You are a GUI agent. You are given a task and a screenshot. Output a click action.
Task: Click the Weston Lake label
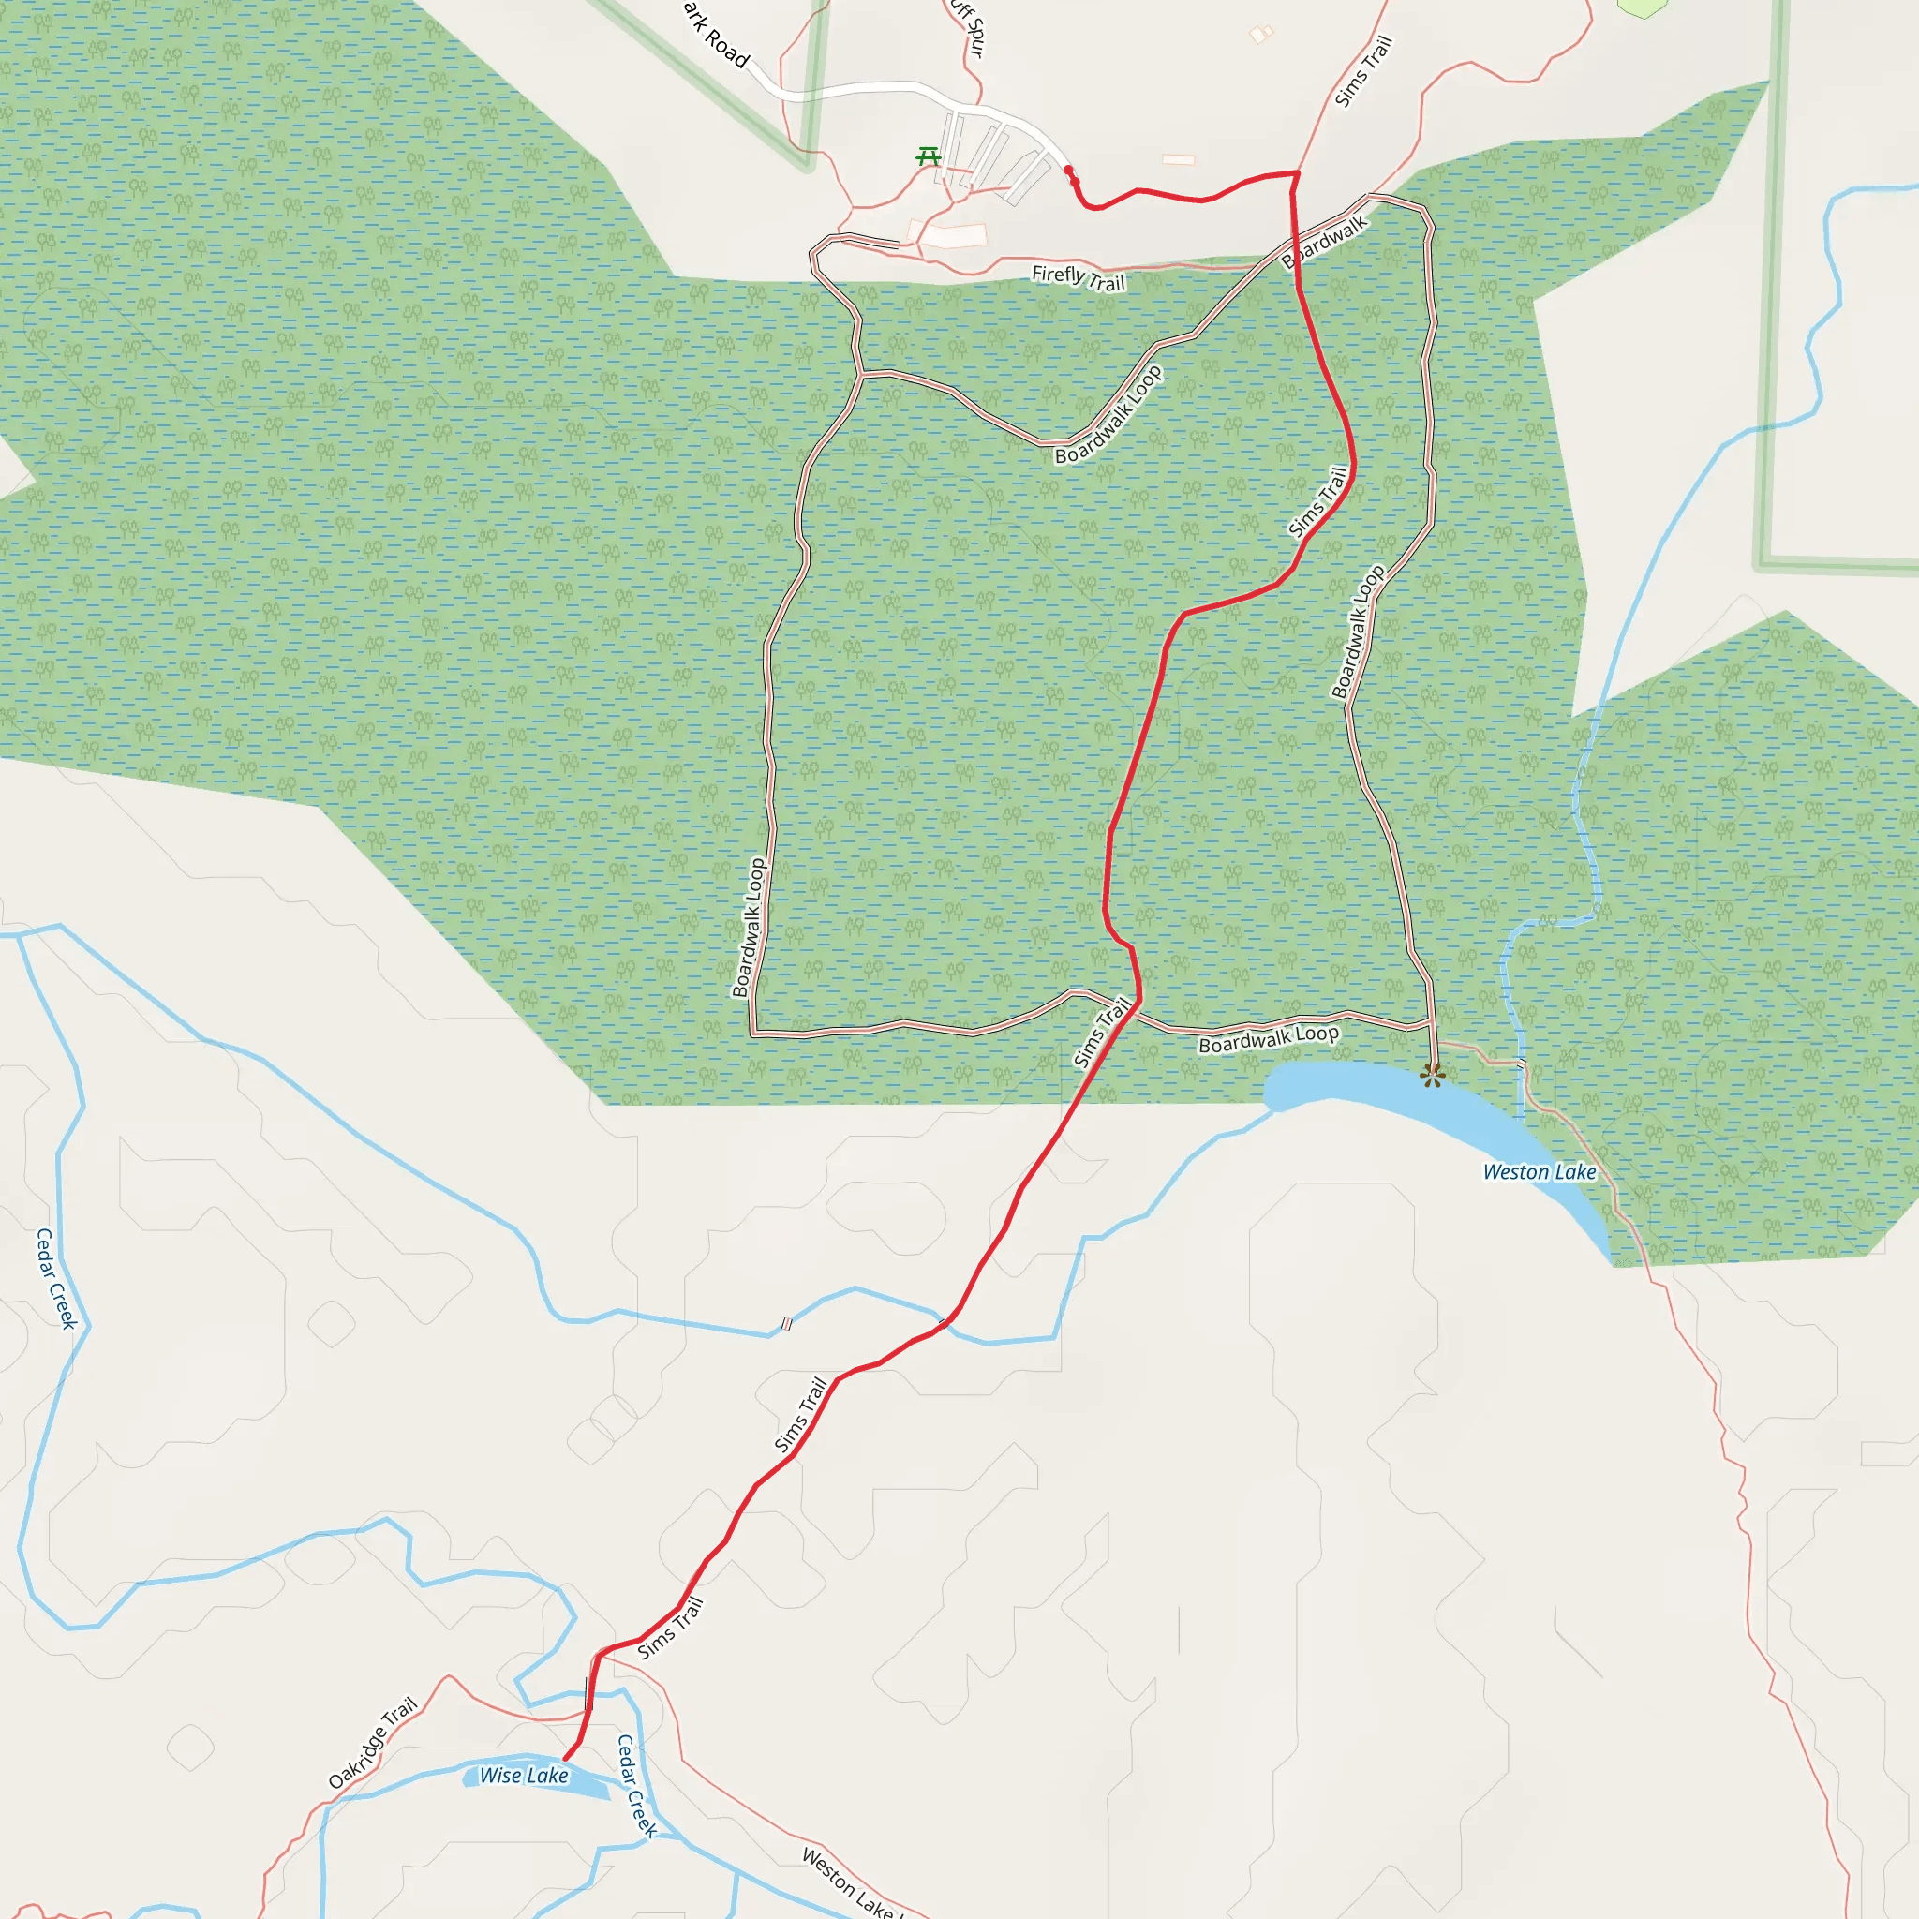[x=1539, y=1172]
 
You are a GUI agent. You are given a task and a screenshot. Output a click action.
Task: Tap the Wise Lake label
[x=524, y=1775]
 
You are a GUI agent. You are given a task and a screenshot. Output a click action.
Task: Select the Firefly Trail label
[x=1078, y=277]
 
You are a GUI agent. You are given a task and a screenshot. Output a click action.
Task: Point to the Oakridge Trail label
[x=373, y=1743]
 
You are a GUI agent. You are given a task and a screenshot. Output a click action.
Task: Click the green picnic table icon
[x=929, y=156]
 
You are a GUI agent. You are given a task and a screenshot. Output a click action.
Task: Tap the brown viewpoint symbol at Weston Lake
[x=1432, y=1075]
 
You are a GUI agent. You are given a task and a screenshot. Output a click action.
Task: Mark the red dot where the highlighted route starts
[x=1069, y=171]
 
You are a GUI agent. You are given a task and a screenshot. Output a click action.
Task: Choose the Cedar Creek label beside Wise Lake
[x=636, y=1786]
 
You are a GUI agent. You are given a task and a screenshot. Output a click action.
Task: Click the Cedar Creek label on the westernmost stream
[x=56, y=1277]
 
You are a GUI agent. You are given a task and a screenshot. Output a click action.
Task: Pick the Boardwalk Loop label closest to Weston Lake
[x=1269, y=1038]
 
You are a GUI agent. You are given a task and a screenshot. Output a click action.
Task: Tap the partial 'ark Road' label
[x=716, y=35]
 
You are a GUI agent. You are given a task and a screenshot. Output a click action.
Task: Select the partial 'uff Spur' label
[x=970, y=28]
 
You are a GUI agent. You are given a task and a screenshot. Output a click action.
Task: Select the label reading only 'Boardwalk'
[x=1325, y=242]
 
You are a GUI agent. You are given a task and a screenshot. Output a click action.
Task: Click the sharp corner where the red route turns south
[x=1296, y=174]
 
